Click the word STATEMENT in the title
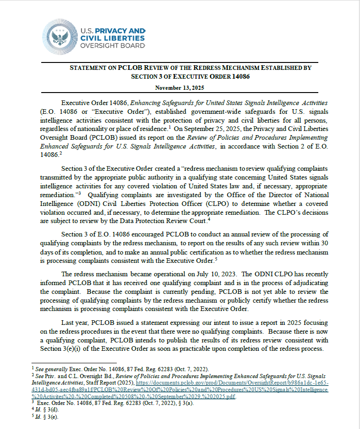tap(87, 68)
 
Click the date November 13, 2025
tap(180, 87)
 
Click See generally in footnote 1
tap(48, 369)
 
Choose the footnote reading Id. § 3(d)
tap(45, 410)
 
